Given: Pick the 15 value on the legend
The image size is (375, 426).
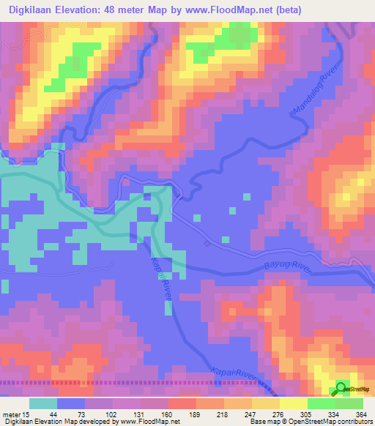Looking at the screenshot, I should tap(26, 414).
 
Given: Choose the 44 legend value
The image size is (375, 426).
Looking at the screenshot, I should tap(53, 414).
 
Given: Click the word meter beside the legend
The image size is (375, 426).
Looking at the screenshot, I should tap(11, 414).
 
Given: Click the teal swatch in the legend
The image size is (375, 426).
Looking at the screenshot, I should tap(43, 403).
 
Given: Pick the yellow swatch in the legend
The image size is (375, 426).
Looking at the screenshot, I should tap(292, 403).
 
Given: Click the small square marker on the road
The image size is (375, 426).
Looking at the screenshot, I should tap(207, 243).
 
